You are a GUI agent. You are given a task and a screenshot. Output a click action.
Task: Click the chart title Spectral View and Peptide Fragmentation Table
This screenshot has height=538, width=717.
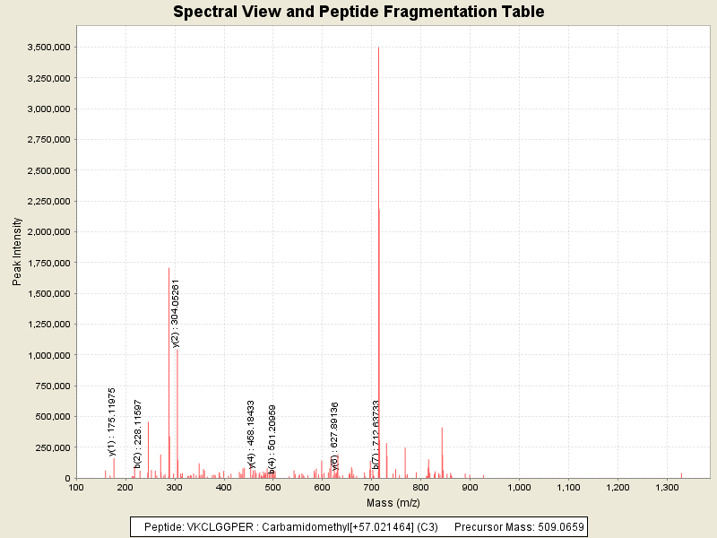358,12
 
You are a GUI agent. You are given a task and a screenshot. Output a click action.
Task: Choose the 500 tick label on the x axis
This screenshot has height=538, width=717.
273,487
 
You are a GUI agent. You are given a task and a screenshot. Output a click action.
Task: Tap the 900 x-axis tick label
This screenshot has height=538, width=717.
471,487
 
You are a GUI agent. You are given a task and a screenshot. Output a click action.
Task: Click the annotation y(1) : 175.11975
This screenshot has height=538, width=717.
112,421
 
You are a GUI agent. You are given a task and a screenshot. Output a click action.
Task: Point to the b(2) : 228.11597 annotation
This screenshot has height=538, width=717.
138,434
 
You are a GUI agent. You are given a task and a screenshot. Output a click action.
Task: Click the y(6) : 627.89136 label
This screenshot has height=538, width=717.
335,437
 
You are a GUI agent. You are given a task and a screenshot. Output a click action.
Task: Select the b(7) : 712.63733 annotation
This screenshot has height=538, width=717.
376,434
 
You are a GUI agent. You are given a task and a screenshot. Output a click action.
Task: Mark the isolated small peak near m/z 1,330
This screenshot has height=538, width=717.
681,474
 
